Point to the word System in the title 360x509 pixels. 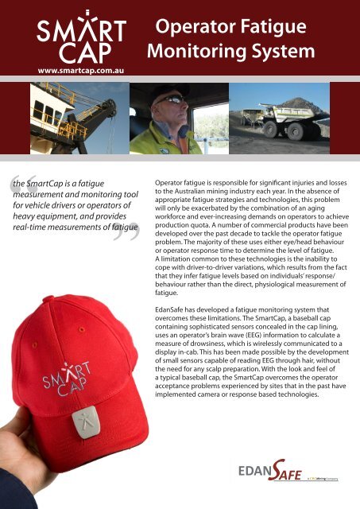288,54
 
